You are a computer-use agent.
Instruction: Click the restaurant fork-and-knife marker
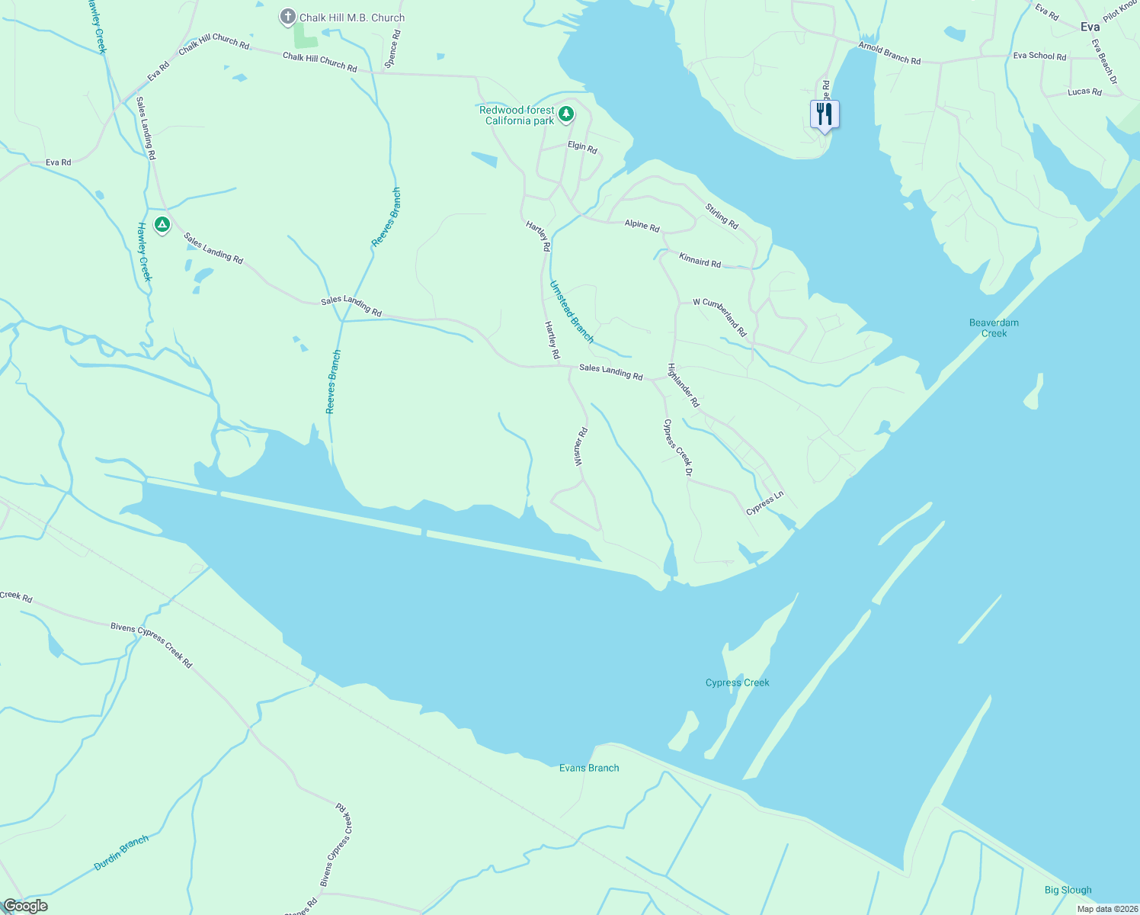pyautogui.click(x=824, y=114)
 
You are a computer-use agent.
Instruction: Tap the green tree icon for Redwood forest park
pyautogui.click(x=565, y=114)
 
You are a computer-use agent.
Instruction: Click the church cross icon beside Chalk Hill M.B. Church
pyautogui.click(x=288, y=17)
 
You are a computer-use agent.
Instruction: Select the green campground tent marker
pyautogui.click(x=162, y=225)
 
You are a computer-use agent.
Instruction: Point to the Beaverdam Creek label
pyautogui.click(x=994, y=328)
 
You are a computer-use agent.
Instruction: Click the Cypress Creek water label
pyautogui.click(x=737, y=682)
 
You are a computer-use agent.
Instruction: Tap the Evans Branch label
pyautogui.click(x=589, y=768)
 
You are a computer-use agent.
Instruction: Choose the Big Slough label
pyautogui.click(x=1068, y=890)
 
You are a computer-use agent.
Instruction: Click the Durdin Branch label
pyautogui.click(x=121, y=853)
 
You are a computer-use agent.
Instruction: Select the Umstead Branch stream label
pyautogui.click(x=572, y=311)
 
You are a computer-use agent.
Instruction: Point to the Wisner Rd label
pyautogui.click(x=580, y=447)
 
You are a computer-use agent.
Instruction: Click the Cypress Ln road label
pyautogui.click(x=764, y=504)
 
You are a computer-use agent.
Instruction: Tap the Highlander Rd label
pyautogui.click(x=684, y=384)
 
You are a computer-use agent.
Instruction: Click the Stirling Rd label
pyautogui.click(x=722, y=216)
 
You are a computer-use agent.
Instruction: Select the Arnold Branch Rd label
pyautogui.click(x=889, y=53)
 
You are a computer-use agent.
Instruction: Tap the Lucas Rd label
pyautogui.click(x=1084, y=91)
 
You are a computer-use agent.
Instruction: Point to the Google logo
pyautogui.click(x=25, y=906)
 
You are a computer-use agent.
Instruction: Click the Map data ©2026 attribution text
pyautogui.click(x=1106, y=909)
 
